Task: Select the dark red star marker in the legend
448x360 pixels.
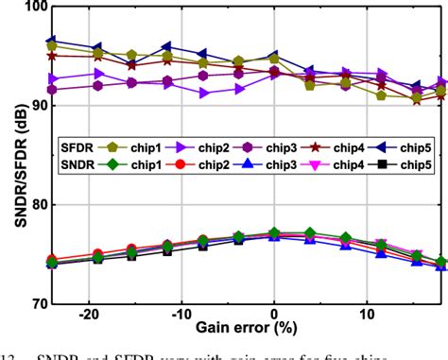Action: point(318,148)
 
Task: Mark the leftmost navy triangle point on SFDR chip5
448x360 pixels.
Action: point(52,42)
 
